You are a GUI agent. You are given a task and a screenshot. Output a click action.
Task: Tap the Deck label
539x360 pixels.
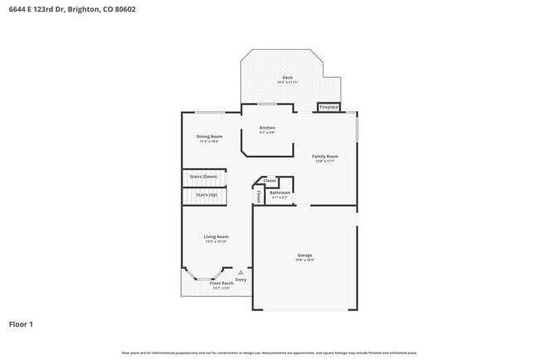[288, 78]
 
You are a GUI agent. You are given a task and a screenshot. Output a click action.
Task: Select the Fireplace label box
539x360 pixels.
[328, 107]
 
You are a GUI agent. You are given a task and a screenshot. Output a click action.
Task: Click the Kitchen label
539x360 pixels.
[267, 128]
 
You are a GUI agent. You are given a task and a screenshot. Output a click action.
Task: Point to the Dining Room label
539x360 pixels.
[209, 136]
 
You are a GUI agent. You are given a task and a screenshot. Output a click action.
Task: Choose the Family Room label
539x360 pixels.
[325, 156]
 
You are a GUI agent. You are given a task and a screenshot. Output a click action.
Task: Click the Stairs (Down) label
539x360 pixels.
[203, 177]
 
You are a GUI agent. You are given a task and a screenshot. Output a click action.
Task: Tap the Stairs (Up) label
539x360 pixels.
[206, 195]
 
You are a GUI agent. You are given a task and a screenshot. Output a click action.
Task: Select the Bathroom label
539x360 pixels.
[279, 192]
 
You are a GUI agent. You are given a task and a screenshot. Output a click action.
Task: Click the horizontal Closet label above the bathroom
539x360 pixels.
[270, 180]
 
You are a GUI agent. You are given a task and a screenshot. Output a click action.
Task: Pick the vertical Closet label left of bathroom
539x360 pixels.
[258, 197]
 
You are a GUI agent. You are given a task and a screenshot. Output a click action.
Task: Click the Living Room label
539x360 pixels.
[216, 236]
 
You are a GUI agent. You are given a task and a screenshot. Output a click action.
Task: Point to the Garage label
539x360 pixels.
[305, 255]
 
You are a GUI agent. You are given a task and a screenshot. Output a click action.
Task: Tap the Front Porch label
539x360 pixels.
[210, 284]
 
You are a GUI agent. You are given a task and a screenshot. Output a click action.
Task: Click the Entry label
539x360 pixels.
[240, 280]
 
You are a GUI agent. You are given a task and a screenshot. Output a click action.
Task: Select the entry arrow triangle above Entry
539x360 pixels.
[240, 271]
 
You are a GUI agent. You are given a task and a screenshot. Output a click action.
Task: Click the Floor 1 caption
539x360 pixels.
[22, 324]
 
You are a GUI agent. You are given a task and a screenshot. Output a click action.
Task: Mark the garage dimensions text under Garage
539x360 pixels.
[305, 260]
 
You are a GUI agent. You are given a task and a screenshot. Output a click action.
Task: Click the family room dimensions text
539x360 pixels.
[325, 162]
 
